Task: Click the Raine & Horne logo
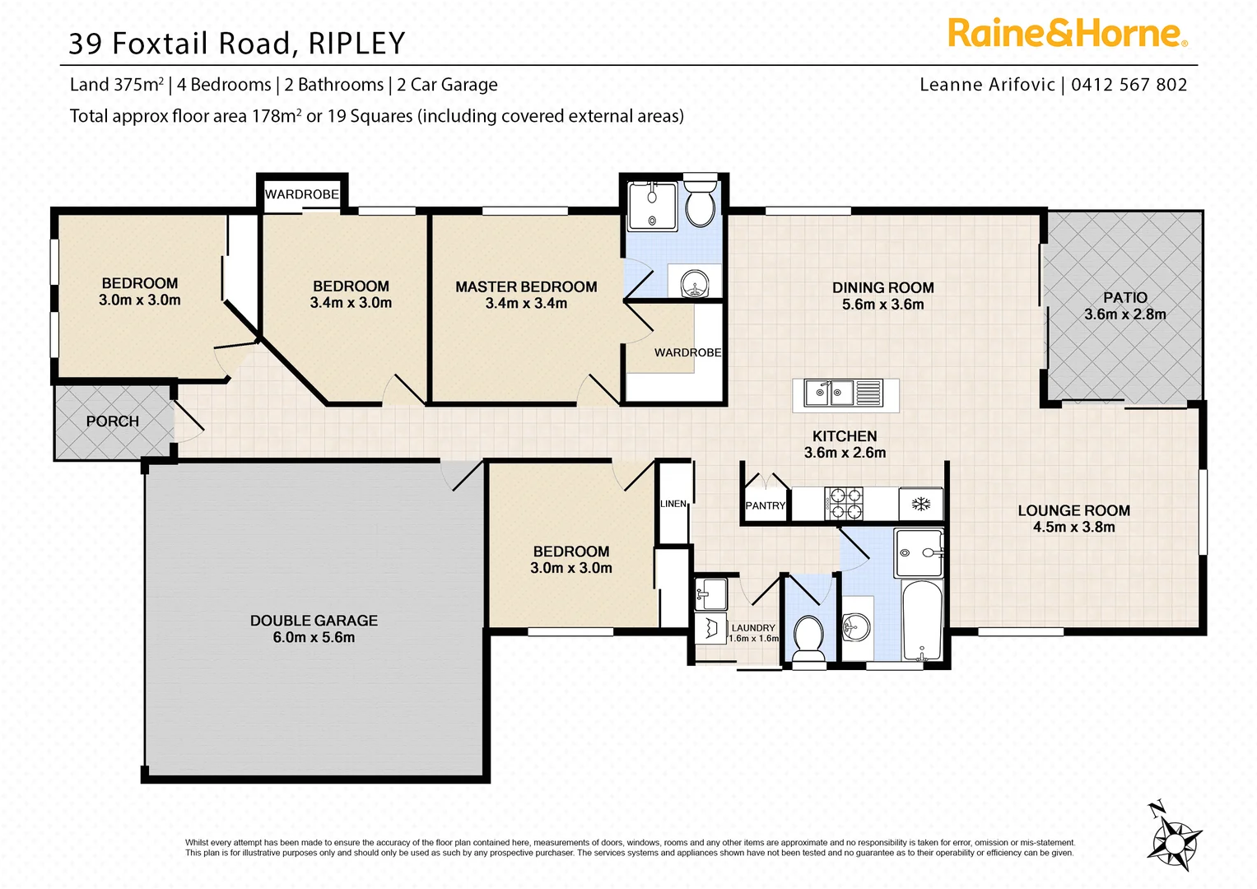tap(1067, 34)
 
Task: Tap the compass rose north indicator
tap(1175, 840)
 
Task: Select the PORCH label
tap(113, 421)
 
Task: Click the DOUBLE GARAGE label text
tap(314, 621)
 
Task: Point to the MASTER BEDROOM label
tap(526, 287)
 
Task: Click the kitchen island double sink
tap(829, 393)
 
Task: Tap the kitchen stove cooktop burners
tap(844, 504)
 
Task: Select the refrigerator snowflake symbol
tap(920, 503)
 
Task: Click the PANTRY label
tap(765, 505)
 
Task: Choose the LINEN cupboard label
tap(673, 504)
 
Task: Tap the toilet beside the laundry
tap(808, 635)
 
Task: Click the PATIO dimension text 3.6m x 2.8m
tap(1124, 314)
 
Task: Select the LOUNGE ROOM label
tap(1073, 510)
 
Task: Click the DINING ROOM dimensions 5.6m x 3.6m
tap(882, 305)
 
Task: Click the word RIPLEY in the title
tap(356, 44)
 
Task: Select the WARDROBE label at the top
tap(302, 194)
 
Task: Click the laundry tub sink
tap(711, 593)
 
